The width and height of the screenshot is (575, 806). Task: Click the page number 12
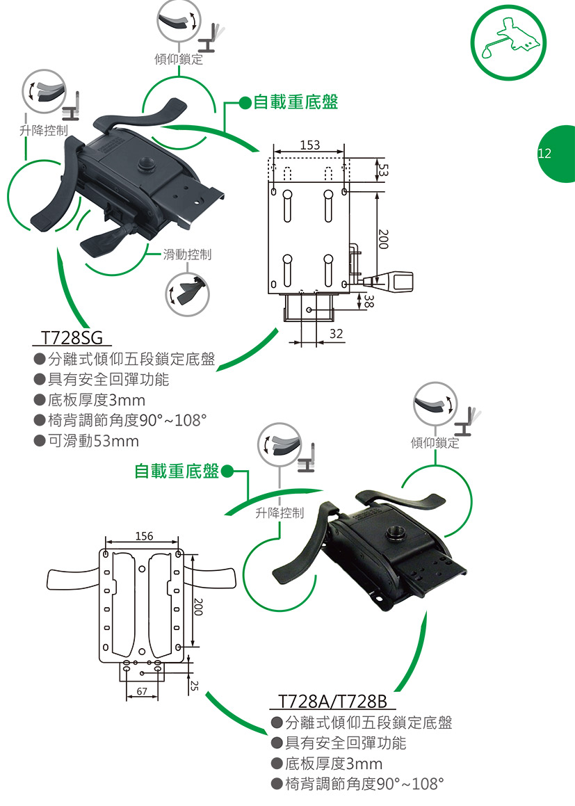[544, 154]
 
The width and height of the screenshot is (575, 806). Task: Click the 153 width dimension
[309, 145]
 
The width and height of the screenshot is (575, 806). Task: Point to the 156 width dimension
[143, 536]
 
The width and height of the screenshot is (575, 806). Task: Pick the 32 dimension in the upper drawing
[337, 334]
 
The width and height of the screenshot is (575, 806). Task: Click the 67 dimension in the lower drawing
[142, 691]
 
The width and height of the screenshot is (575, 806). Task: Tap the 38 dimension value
[369, 301]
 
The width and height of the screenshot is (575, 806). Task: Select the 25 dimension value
[195, 686]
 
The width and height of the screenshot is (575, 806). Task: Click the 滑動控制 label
[187, 255]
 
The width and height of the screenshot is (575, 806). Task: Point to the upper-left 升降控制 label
[43, 130]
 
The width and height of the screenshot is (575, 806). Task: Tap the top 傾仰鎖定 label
[179, 59]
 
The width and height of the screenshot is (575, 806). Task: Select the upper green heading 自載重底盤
[295, 103]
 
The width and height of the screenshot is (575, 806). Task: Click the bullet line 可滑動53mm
[93, 441]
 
